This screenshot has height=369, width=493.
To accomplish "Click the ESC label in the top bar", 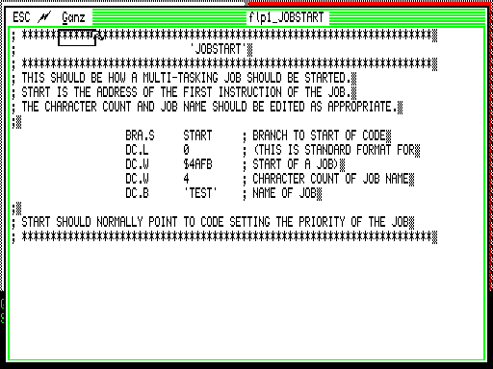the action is (x=21, y=17).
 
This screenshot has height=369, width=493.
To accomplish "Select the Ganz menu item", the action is (x=73, y=17).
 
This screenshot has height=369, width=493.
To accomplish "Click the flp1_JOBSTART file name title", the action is (x=286, y=17).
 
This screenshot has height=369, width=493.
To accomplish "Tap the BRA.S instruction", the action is (x=140, y=135).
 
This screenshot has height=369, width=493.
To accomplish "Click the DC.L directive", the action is (x=137, y=150).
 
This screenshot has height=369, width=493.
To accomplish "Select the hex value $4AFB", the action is (x=197, y=164).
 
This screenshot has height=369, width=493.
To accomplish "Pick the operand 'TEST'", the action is (x=200, y=193).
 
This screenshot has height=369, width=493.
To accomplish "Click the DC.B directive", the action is (x=137, y=193).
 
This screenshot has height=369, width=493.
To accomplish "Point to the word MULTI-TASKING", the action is (x=180, y=78).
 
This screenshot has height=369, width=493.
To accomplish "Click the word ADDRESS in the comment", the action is (x=117, y=92).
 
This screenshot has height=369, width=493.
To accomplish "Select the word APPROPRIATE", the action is (x=362, y=107).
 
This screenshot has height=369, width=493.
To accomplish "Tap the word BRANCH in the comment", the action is (x=270, y=135).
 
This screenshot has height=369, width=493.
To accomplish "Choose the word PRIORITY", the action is (x=322, y=222).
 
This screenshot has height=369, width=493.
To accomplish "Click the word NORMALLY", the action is (x=119, y=222).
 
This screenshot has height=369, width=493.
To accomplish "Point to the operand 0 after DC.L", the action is (x=186, y=150).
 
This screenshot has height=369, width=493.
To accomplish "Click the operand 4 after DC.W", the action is (x=186, y=179).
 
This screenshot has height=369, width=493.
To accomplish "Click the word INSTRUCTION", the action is (x=249, y=92).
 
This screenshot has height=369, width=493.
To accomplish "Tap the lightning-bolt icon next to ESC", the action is (x=44, y=17).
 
